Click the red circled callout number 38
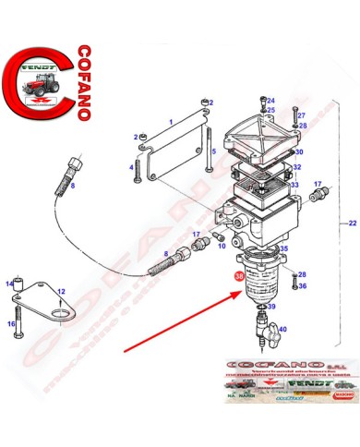(x=241, y=275)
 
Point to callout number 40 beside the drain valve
(x=282, y=329)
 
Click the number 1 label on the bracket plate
(x=170, y=121)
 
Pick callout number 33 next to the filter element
(x=295, y=185)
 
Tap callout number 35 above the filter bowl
(x=284, y=248)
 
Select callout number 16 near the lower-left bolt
(x=15, y=324)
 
